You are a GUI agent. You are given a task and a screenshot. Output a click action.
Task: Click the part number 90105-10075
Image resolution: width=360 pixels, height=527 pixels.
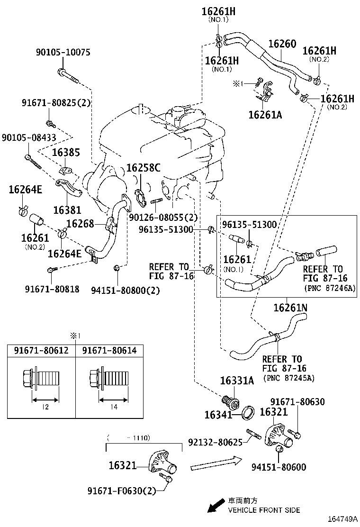63,53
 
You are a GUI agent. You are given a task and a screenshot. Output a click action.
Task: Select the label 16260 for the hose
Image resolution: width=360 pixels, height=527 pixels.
282,44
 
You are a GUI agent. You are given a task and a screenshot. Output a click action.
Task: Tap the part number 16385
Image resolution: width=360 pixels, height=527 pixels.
66,153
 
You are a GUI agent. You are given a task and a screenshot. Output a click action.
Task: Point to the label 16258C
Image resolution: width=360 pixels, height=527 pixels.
143,168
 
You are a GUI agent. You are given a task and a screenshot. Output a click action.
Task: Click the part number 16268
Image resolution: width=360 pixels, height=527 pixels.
80,223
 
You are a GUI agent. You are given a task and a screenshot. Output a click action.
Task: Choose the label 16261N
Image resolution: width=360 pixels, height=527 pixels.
290,308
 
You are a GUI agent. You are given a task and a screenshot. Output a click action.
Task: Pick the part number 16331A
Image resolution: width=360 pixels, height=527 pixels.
237,381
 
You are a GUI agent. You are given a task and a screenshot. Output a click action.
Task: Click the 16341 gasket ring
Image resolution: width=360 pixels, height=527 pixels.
247,413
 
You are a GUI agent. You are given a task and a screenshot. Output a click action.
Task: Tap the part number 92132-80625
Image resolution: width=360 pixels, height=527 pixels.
215,442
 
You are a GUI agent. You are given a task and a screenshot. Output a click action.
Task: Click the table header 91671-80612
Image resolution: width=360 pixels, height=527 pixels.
41,351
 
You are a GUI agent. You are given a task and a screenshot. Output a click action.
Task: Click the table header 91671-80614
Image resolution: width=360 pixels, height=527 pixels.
109,351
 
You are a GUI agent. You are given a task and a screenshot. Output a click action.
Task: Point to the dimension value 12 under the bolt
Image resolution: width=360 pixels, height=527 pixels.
45,407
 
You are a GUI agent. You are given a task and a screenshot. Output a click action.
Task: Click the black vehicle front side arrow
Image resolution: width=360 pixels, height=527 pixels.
216,505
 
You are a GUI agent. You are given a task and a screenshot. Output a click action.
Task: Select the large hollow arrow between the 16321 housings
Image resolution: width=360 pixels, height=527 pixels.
216,464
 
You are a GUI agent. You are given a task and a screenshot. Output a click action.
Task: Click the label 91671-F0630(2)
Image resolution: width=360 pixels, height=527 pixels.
122,491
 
